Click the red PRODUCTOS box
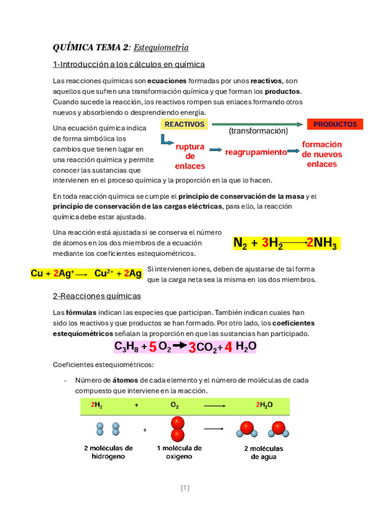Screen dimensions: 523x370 coord(335,125)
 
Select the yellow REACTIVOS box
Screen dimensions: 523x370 coord(185,124)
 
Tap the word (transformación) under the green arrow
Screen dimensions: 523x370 coord(258,131)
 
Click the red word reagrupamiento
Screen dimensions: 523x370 coord(256,152)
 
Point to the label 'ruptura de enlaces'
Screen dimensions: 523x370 coord(190,157)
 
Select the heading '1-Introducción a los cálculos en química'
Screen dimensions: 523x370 coord(129,64)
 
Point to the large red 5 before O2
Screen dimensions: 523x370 coord(152,347)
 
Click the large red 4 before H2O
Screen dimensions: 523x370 coord(228,347)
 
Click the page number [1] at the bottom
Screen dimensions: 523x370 coord(185,488)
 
